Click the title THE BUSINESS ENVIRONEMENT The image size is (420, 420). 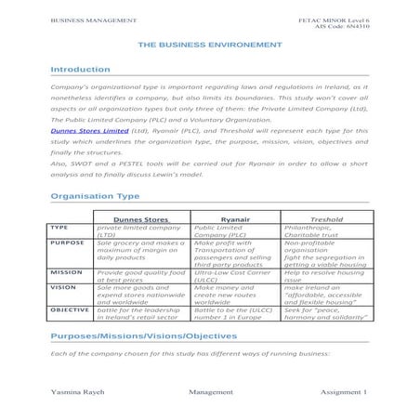click(x=209, y=44)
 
